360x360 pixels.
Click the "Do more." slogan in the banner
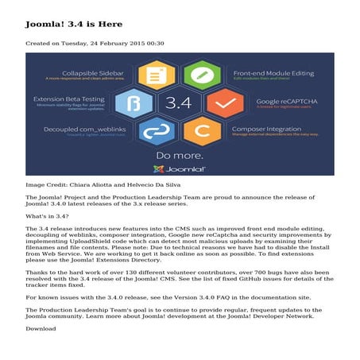click(x=180, y=154)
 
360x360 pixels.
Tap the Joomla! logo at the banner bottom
click(x=180, y=168)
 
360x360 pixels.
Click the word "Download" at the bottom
click(x=41, y=305)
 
